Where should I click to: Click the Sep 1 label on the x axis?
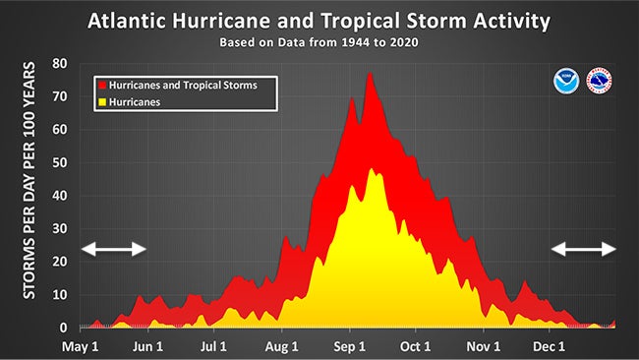click(x=350, y=346)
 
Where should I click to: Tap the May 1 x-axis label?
click(x=82, y=346)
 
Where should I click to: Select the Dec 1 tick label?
click(x=549, y=346)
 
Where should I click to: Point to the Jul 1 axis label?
click(x=214, y=346)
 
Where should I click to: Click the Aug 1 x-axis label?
click(x=282, y=346)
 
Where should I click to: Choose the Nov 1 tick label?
click(x=484, y=346)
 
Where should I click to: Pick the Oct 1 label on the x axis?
click(x=416, y=346)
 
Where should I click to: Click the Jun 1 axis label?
click(x=147, y=346)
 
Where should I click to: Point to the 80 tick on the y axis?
click(x=60, y=63)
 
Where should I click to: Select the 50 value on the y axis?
click(x=60, y=162)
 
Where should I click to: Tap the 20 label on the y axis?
click(x=60, y=262)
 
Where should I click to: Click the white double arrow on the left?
click(x=114, y=249)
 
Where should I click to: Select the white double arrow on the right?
click(x=583, y=249)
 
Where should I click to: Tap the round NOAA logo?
click(x=566, y=79)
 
